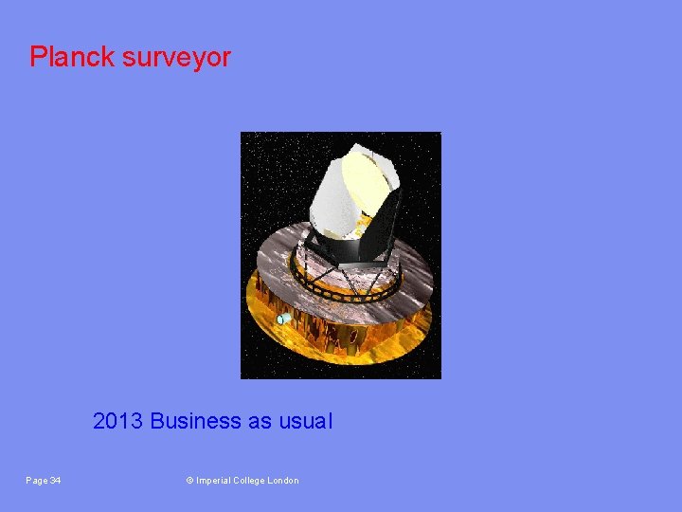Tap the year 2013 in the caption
tap(118, 421)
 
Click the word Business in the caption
tap(196, 421)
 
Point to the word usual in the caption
tap(305, 421)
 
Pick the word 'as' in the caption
tap(260, 421)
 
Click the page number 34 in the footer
tap(55, 481)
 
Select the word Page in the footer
tap(36, 481)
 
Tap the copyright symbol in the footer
tap(189, 481)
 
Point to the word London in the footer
tap(284, 481)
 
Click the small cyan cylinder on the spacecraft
tap(283, 320)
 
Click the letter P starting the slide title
tap(37, 57)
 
